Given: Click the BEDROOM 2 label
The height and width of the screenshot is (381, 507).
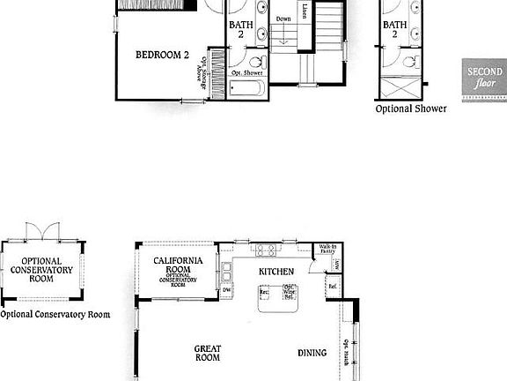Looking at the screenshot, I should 163,55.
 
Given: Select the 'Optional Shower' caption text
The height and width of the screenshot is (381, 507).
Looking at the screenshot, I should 410,109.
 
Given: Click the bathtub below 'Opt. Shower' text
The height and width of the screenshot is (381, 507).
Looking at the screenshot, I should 247,88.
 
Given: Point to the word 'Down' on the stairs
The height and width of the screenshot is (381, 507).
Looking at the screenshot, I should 283,19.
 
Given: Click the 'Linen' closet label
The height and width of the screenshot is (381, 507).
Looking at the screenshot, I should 305,11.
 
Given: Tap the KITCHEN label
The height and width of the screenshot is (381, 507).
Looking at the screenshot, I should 276,272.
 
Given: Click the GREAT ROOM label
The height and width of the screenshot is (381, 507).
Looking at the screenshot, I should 207,354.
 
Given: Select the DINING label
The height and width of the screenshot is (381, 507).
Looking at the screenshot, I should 312,353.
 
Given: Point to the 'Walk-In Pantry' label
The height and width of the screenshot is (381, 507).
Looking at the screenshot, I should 328,250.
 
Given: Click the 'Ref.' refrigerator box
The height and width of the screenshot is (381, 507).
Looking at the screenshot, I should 333,287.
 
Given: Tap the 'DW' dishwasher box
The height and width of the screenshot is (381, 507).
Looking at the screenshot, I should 226,289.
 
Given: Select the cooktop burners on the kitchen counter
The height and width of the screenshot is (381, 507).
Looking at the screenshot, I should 267,250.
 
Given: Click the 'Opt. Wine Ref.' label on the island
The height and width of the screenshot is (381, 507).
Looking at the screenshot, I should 289,293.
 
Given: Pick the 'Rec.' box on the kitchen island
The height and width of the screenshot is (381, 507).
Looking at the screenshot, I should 262,292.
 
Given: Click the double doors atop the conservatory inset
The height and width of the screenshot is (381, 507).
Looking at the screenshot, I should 42,230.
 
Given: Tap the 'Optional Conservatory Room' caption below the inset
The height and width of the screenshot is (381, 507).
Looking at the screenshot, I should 55,314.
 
